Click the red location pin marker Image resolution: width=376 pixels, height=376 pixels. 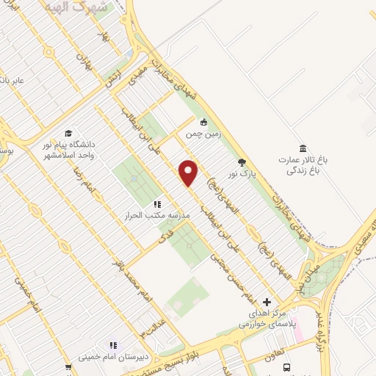point(189,173)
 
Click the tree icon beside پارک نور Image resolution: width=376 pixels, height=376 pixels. point(241,163)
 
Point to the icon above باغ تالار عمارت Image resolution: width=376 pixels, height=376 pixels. point(303,148)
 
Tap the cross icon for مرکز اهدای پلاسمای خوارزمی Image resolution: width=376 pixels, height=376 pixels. point(267,302)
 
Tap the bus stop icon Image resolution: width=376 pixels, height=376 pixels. point(286,367)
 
